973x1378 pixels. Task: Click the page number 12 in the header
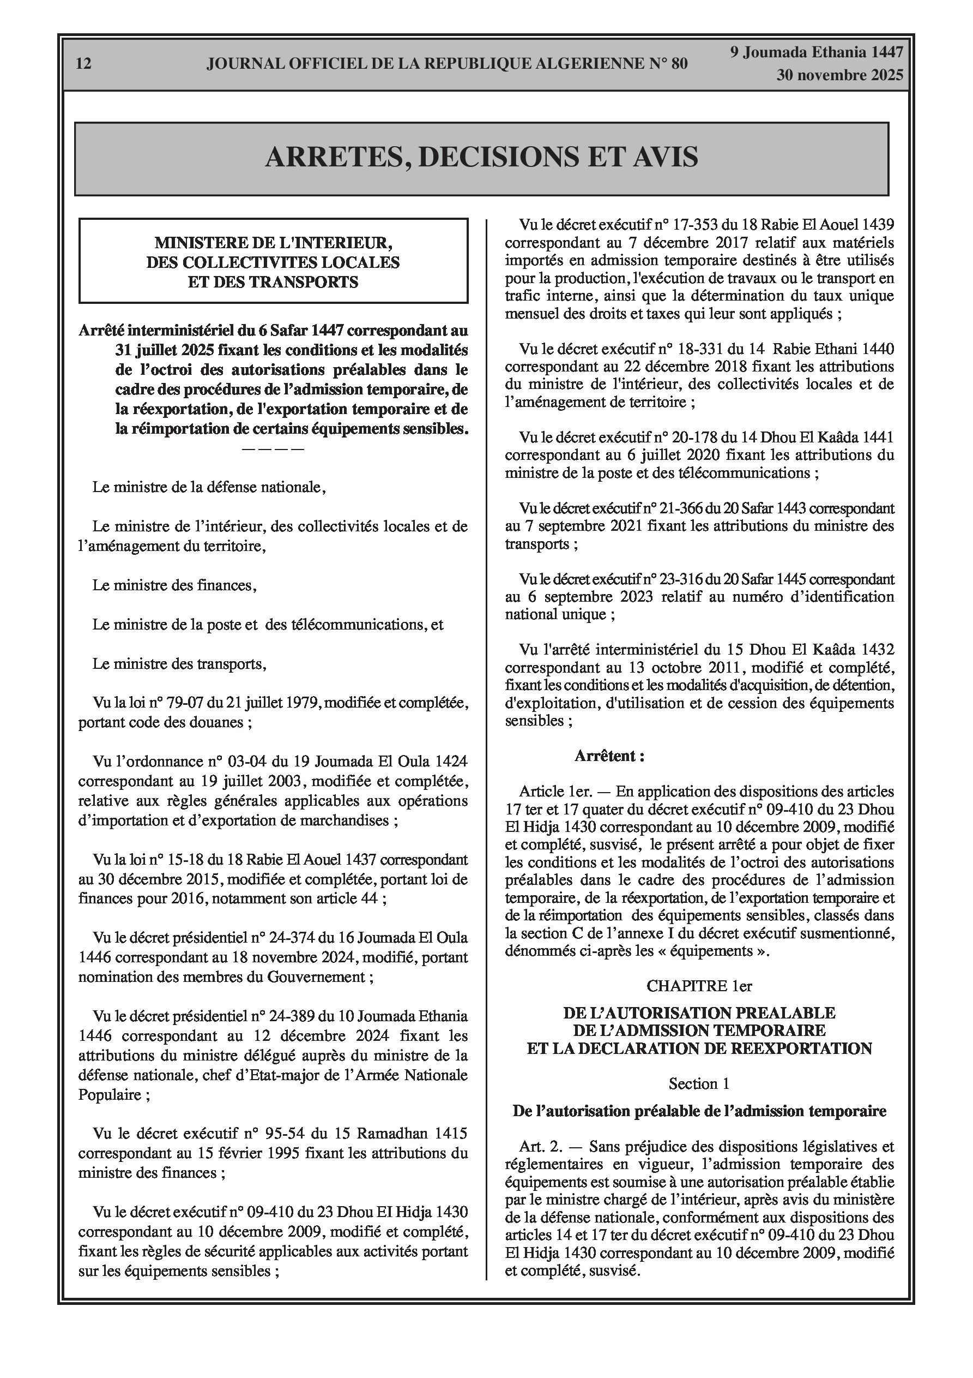[x=84, y=64]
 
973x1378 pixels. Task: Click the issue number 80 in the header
[x=679, y=64]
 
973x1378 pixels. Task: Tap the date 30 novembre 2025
[x=840, y=76]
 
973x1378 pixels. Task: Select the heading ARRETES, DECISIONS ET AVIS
[x=481, y=157]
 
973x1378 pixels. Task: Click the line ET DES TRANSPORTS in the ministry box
[x=273, y=282]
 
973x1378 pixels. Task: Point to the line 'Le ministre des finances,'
[x=174, y=585]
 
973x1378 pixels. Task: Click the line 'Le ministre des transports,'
[x=179, y=664]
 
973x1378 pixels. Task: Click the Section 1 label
[x=699, y=1084]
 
